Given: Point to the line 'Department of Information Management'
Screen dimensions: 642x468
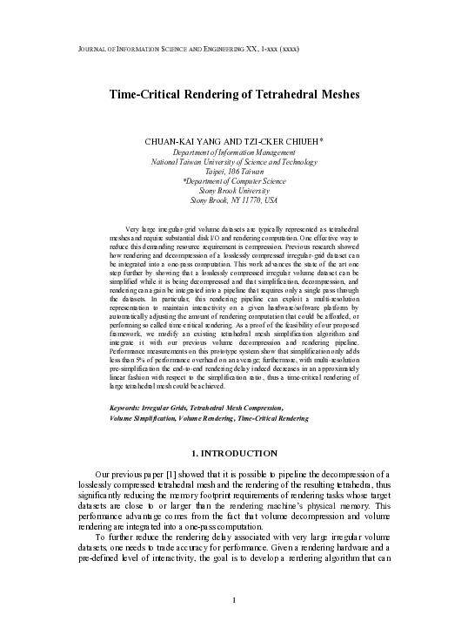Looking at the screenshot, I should [x=234, y=152].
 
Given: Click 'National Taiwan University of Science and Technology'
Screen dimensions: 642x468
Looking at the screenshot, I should [x=234, y=162].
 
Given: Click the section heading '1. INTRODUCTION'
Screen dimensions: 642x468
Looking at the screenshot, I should [x=234, y=454].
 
